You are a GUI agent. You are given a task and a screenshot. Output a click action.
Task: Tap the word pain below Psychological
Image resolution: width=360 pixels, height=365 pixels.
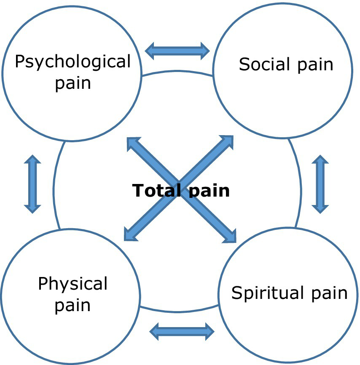point(73,83)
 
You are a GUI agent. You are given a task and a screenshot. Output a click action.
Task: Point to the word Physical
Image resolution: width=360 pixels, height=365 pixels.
point(73,284)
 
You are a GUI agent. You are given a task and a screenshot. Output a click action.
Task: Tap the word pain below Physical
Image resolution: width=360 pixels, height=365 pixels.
point(73,305)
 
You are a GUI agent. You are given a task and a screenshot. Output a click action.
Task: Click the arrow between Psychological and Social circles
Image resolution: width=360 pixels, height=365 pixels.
point(177,51)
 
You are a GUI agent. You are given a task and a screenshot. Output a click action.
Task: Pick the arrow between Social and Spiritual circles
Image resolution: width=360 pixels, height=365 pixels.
point(320,184)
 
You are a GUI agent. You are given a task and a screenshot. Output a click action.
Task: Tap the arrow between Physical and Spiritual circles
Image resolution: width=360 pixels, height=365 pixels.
point(182,331)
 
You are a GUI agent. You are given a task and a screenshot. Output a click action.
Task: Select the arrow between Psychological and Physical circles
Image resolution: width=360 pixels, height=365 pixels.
point(32,184)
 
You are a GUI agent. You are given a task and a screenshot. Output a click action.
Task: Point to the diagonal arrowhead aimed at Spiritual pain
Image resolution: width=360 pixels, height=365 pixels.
point(230,237)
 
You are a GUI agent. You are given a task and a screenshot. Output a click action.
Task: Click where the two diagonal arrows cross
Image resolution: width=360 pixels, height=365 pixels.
point(180,189)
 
